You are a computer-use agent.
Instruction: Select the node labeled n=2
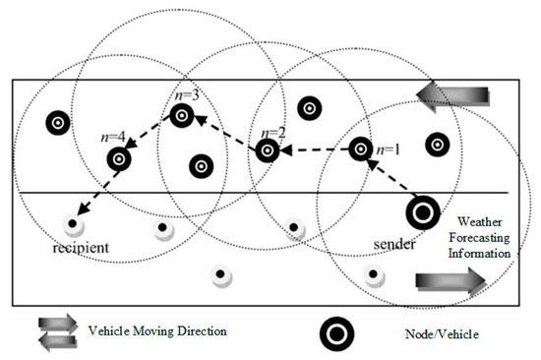click(x=267, y=151)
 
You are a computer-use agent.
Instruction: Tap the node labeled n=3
click(x=182, y=116)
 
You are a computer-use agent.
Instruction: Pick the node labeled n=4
click(x=120, y=156)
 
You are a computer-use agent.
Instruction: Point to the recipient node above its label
click(x=71, y=223)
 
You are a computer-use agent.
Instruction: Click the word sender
click(x=396, y=243)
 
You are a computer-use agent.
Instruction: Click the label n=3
click(x=187, y=95)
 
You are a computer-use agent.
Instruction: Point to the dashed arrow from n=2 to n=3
click(x=226, y=135)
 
